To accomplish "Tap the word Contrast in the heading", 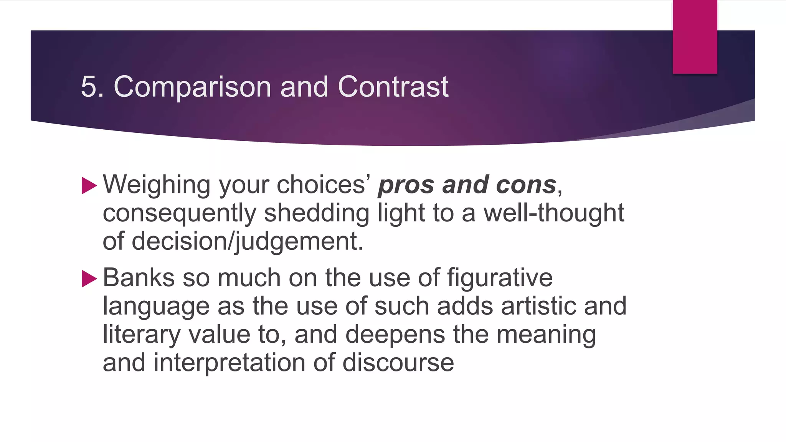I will (x=393, y=87).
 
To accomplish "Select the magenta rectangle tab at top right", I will (x=695, y=37).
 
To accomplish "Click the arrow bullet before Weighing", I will (x=89, y=186).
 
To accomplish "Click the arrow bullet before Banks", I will (x=89, y=279).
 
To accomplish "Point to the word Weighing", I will (x=157, y=185).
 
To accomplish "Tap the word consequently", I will (x=179, y=214).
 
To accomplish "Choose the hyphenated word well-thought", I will (x=554, y=213).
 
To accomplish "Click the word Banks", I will (x=139, y=277).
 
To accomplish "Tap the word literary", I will (x=141, y=335).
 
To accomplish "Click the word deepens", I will (x=395, y=335).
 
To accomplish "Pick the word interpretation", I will (x=230, y=363).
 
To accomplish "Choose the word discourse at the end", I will (x=398, y=363).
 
